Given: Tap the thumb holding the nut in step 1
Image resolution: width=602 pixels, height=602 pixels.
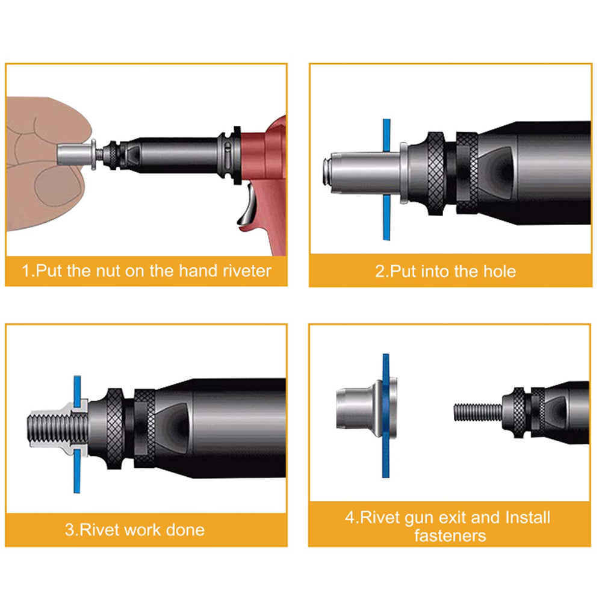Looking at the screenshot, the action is point(58,186).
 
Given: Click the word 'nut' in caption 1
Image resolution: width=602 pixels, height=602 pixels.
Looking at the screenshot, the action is point(108,271).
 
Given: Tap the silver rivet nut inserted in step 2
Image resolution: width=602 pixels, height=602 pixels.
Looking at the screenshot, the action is point(365,172).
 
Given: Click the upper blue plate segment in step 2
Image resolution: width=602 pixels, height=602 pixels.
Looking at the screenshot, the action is point(386,135).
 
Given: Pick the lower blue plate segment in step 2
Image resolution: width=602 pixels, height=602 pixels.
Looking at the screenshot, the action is point(386,217).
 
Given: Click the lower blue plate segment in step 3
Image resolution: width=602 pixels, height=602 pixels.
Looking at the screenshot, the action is point(77,471).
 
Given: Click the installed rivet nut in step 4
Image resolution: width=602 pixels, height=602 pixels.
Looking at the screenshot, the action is point(367,409).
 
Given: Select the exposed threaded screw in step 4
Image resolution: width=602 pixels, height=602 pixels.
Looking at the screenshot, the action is point(479,412).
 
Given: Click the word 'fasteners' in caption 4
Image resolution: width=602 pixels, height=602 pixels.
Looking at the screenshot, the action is point(450,536).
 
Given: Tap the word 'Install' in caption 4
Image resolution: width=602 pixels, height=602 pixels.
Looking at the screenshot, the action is point(528,518).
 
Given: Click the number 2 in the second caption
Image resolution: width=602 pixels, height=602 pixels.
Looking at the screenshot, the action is point(379,272).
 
